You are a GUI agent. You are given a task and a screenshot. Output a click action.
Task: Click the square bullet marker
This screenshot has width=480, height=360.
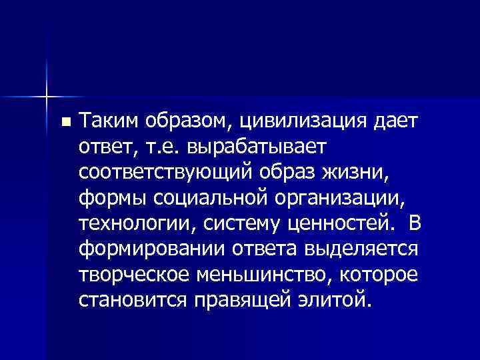[64, 123]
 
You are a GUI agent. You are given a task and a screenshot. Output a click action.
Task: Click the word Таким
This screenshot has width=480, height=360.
[107, 121]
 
